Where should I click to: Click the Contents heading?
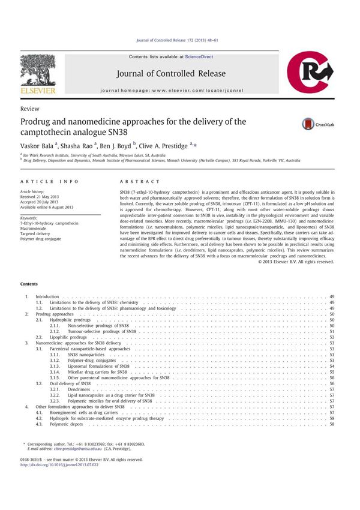[x=28, y=284]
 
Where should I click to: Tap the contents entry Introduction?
[x=47, y=296]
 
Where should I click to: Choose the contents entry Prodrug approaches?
[x=55, y=314]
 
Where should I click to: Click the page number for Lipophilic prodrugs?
[x=331, y=337]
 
